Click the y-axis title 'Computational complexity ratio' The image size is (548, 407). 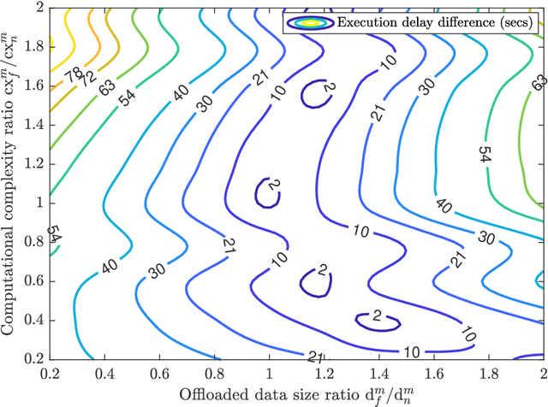click(11, 182)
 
